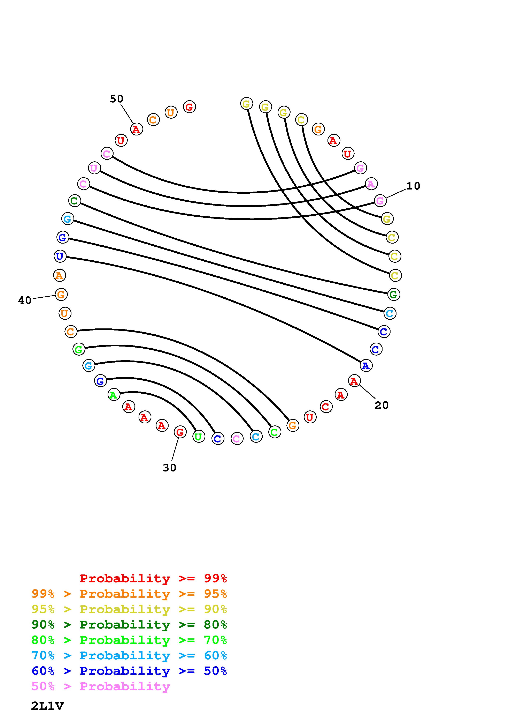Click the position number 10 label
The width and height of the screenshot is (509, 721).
(x=413, y=186)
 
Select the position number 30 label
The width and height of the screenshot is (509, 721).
(x=169, y=468)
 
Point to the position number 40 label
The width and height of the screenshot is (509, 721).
(x=25, y=300)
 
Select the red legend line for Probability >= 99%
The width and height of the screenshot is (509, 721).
(x=153, y=578)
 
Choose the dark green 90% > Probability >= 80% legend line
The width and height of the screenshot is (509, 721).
(x=129, y=625)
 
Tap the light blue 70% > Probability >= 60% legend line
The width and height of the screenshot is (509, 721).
(x=129, y=656)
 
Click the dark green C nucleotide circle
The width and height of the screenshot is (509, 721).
(x=74, y=201)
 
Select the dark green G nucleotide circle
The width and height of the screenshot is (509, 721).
(x=394, y=295)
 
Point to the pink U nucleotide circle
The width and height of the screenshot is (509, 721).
(x=94, y=168)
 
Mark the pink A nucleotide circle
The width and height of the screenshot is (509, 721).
(x=371, y=184)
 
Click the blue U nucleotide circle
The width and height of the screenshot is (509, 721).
(x=60, y=256)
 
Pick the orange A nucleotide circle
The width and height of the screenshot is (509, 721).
(x=59, y=275)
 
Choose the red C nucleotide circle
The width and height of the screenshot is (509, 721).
(x=326, y=407)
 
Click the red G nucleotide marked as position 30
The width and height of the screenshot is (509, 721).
(x=180, y=432)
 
